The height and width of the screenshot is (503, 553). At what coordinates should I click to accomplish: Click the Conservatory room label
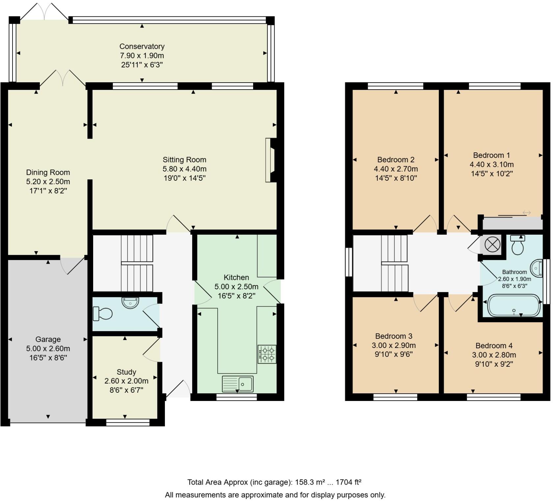pyautogui.click(x=142, y=46)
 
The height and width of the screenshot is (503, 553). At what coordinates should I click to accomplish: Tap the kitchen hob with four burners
pyautogui.click(x=267, y=354)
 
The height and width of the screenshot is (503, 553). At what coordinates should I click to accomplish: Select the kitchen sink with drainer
pyautogui.click(x=238, y=384)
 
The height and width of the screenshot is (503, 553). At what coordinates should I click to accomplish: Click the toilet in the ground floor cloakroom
pyautogui.click(x=102, y=313)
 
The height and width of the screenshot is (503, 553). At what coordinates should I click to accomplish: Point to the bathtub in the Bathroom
pyautogui.click(x=514, y=306)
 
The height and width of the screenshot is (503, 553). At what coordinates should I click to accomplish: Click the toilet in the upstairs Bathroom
pyautogui.click(x=518, y=246)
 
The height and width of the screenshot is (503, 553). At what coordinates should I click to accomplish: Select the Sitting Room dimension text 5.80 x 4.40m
pyautogui.click(x=184, y=169)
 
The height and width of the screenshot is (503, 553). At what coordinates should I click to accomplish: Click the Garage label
pyautogui.click(x=48, y=339)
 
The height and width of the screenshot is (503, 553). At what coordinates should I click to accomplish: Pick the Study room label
pyautogui.click(x=126, y=372)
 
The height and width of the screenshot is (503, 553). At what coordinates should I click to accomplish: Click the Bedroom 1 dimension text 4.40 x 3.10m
pyautogui.click(x=491, y=164)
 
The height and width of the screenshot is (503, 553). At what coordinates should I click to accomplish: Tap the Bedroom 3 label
pyautogui.click(x=394, y=336)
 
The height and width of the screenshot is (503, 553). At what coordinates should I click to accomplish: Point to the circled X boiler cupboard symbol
pyautogui.click(x=492, y=245)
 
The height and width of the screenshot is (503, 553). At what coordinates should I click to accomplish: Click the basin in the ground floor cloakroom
pyautogui.click(x=131, y=302)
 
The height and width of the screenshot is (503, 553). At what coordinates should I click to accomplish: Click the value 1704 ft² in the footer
pyautogui.click(x=348, y=482)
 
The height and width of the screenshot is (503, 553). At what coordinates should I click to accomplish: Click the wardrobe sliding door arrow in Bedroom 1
pyautogui.click(x=527, y=213)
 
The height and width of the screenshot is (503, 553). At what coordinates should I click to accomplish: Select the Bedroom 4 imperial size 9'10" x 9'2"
pyautogui.click(x=494, y=364)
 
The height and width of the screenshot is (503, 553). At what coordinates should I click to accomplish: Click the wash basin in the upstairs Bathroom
pyautogui.click(x=537, y=268)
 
